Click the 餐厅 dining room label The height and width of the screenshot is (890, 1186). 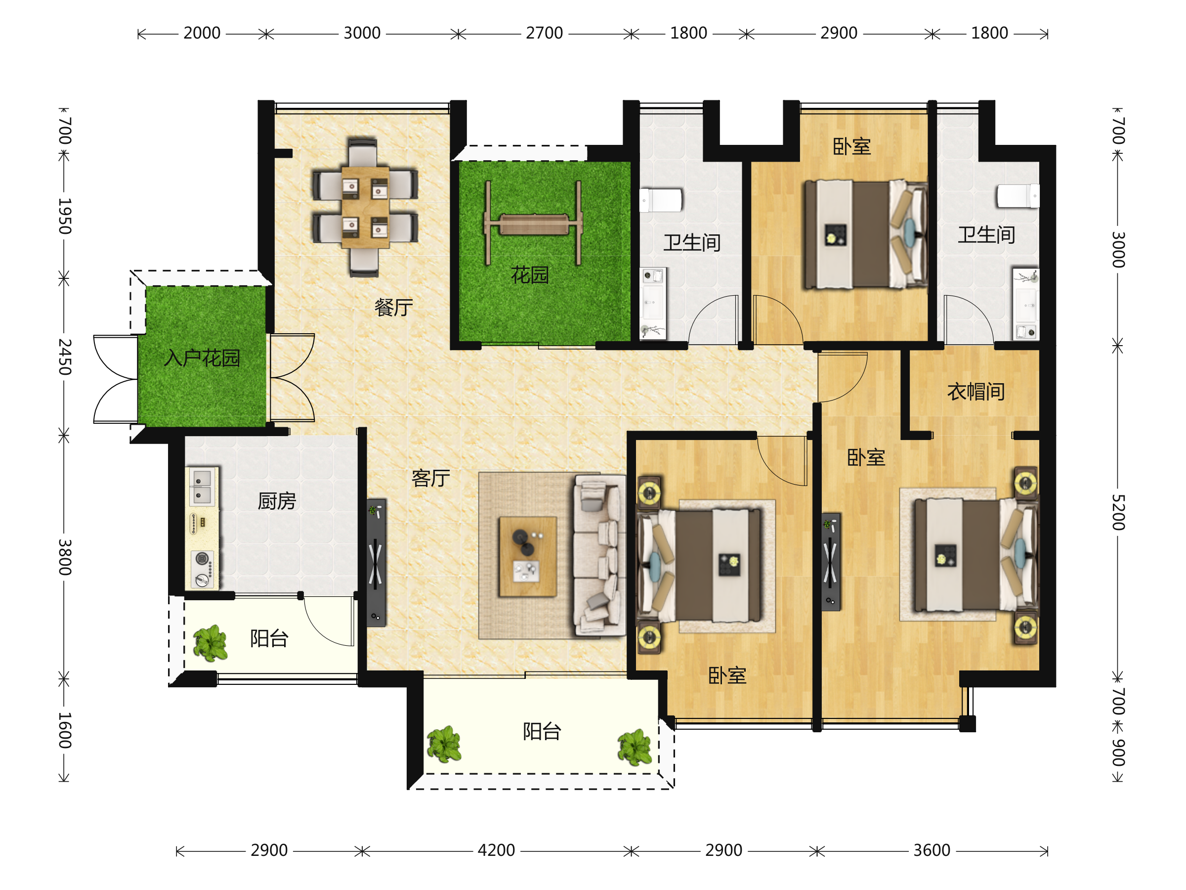click(393, 308)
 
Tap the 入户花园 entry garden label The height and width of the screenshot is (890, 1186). click(202, 358)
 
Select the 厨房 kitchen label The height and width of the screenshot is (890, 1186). click(277, 501)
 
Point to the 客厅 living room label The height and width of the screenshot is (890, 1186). click(430, 478)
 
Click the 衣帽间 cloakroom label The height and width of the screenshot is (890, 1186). click(976, 392)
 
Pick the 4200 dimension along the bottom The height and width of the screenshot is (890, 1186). click(496, 850)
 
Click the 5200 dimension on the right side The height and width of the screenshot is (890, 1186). click(1117, 512)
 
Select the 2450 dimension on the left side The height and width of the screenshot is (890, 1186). click(64, 357)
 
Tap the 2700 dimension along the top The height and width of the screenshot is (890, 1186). click(544, 33)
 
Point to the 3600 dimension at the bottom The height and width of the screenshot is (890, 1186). click(932, 850)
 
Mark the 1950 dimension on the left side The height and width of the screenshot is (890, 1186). click(64, 216)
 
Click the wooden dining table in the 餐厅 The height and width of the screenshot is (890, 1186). click(365, 207)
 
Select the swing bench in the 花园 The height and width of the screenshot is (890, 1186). click(534, 223)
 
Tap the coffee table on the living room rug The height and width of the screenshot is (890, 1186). click(528, 556)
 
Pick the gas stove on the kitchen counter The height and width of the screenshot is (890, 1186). click(202, 569)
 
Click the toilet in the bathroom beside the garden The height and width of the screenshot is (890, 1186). click(661, 200)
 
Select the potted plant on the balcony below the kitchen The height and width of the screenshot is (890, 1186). click(210, 643)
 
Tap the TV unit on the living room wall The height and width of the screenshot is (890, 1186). click(376, 563)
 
